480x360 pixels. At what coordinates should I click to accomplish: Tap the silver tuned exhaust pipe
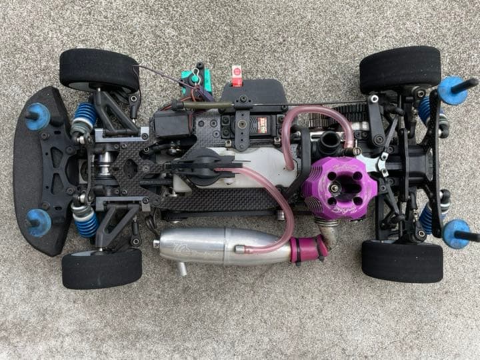point(213,246)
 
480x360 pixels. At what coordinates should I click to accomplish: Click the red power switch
point(236,75)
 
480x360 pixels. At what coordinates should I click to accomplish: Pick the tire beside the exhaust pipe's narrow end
point(101,268)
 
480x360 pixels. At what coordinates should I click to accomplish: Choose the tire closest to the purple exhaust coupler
point(402,260)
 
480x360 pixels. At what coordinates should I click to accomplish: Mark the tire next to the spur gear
point(400,69)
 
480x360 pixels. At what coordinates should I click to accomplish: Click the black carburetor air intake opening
point(331,143)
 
